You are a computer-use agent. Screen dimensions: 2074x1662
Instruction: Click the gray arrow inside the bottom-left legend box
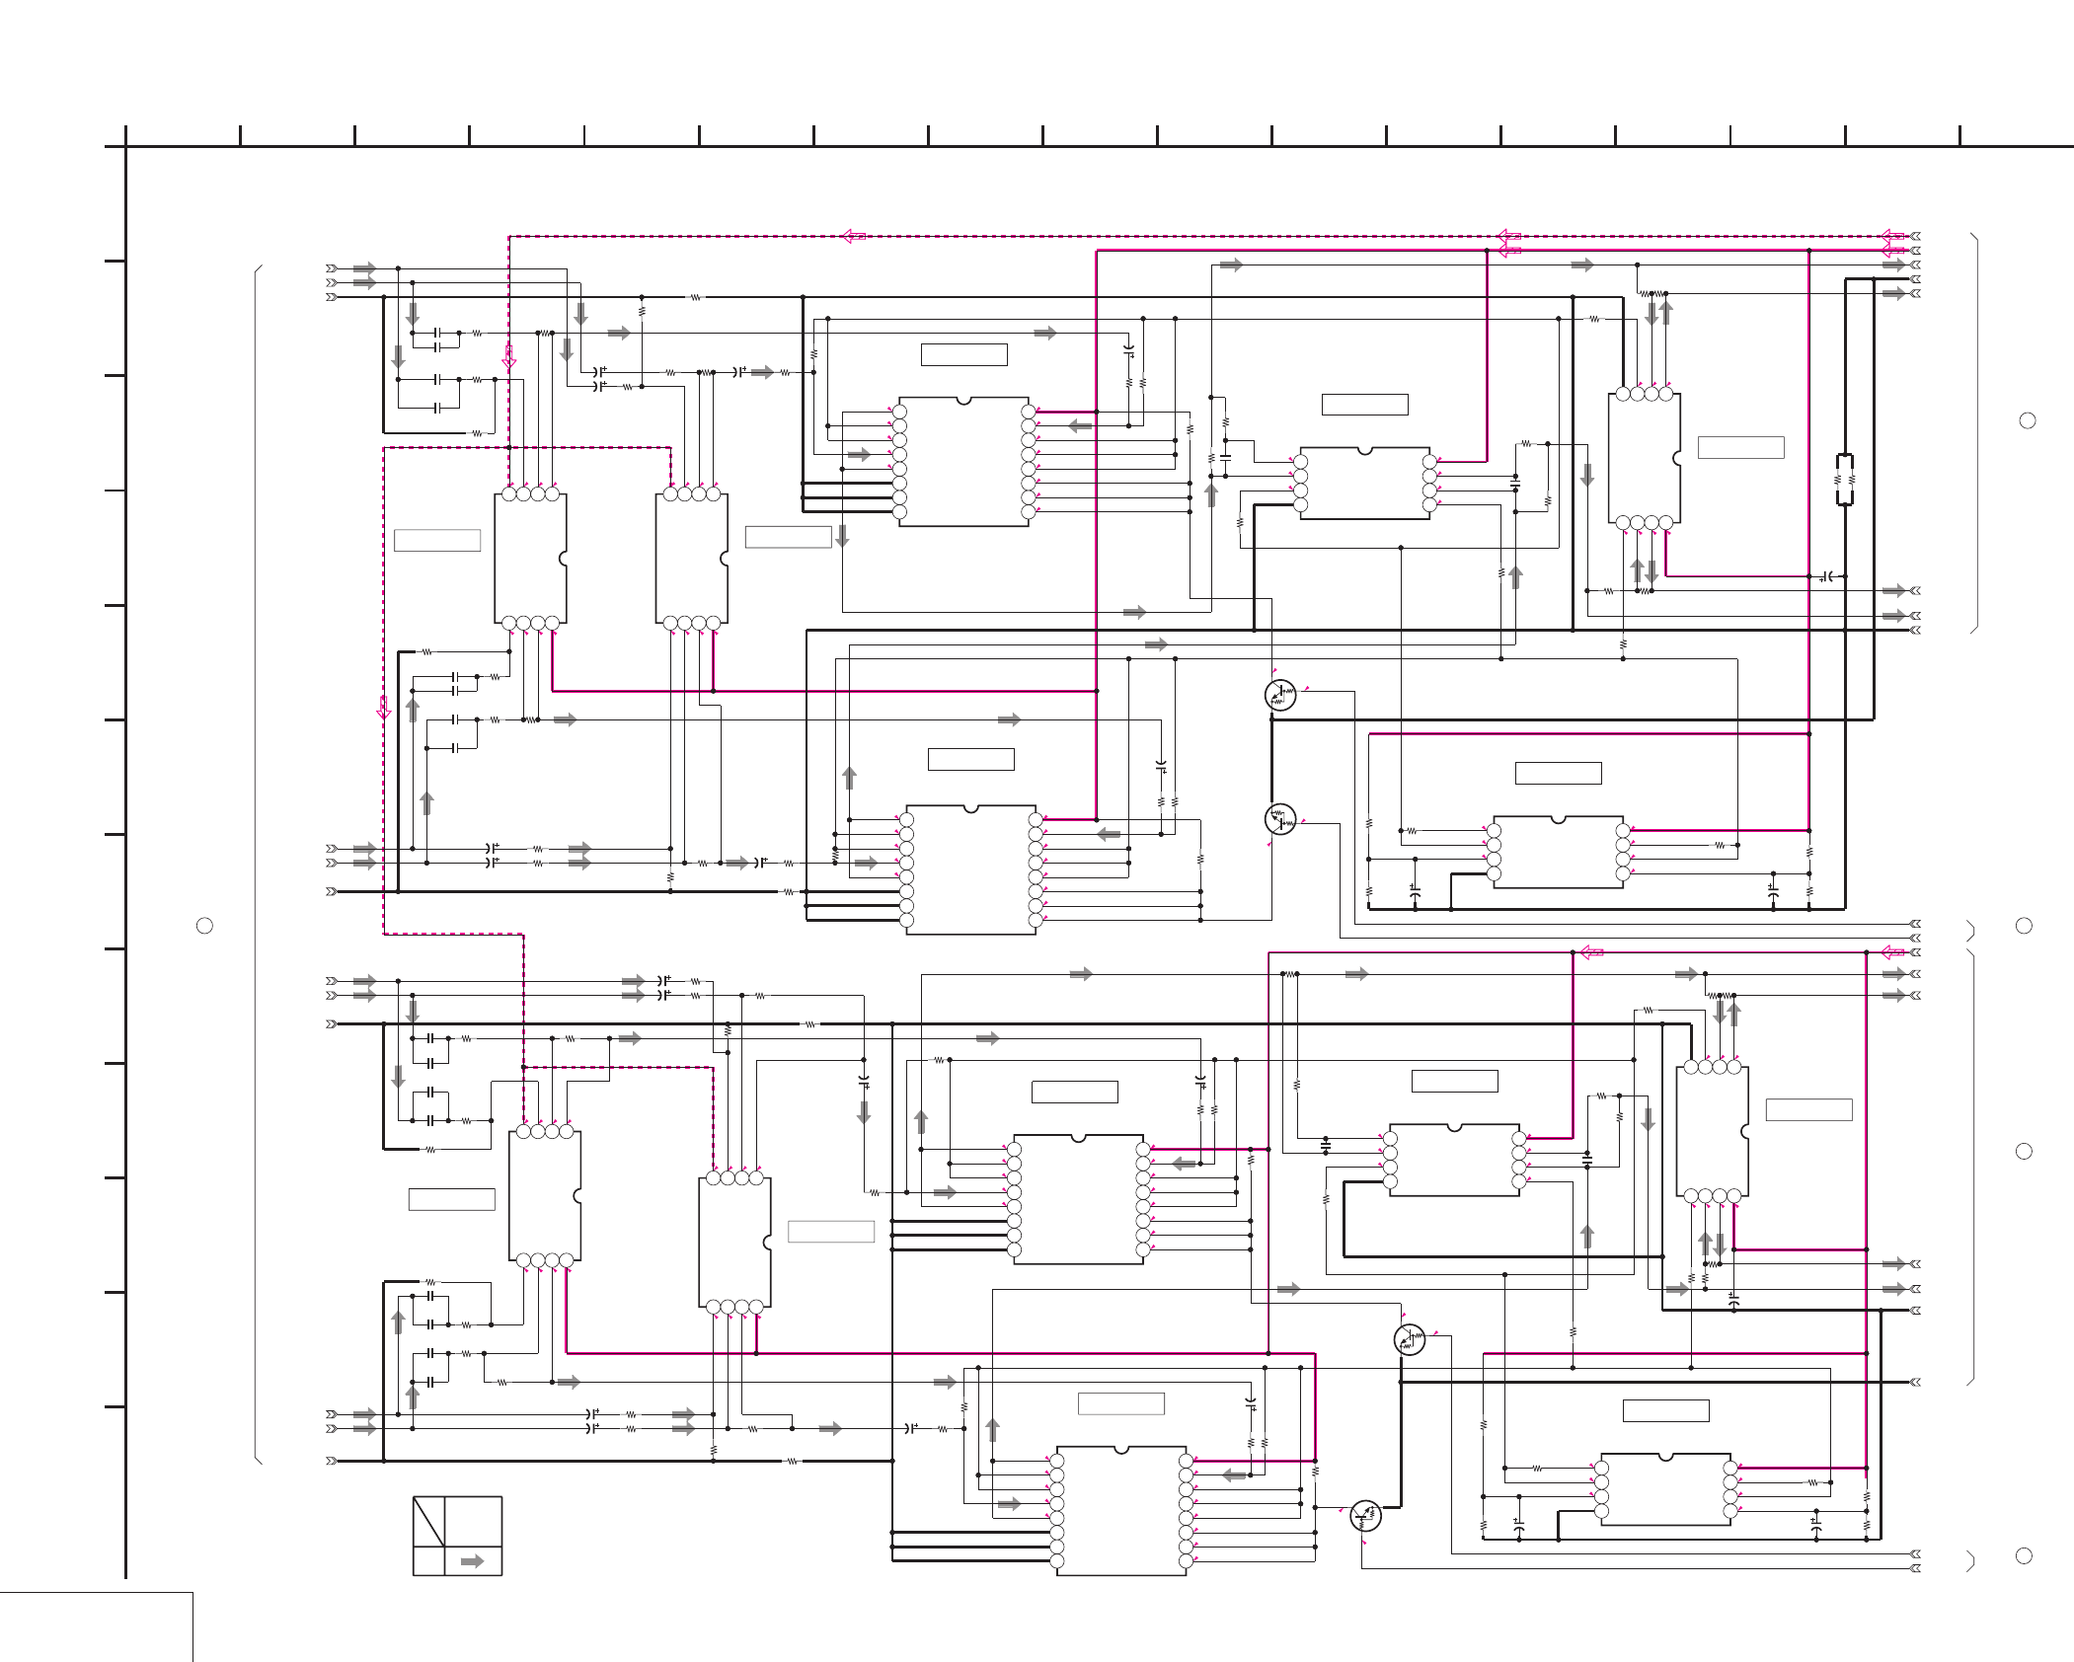(x=473, y=1561)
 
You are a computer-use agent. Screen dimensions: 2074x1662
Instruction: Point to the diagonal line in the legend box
(x=428, y=1521)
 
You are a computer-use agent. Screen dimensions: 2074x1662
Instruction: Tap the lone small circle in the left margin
(x=204, y=926)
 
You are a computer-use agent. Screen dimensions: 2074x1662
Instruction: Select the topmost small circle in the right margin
(x=2028, y=420)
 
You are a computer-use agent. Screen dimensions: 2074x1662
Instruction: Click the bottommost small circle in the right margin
(x=2024, y=1555)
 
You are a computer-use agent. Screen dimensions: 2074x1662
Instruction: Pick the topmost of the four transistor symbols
(x=1280, y=695)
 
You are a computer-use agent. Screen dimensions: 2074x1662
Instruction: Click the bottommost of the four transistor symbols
(x=1365, y=1515)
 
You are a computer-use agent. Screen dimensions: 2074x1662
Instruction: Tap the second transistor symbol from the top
(x=1280, y=819)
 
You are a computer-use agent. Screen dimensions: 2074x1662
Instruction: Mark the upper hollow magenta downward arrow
(x=508, y=357)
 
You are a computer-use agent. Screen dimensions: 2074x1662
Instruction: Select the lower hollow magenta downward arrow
(x=384, y=708)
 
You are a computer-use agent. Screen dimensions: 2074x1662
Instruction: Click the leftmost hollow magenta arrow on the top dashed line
(x=854, y=237)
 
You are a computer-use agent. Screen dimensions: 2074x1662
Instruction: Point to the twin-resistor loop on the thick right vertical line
(x=1844, y=480)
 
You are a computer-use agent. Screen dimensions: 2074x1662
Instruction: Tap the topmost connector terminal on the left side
(x=332, y=268)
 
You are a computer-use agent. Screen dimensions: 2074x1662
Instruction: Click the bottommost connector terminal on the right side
(x=1915, y=1568)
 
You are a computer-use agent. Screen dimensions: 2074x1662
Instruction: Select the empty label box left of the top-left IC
(x=437, y=540)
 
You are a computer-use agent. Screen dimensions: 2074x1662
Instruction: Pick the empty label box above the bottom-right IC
(x=1665, y=1411)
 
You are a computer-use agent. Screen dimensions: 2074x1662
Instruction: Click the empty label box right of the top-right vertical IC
(x=1740, y=447)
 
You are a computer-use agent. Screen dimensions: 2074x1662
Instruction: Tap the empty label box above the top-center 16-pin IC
(x=963, y=354)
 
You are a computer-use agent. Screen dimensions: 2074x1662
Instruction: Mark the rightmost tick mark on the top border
(x=1959, y=136)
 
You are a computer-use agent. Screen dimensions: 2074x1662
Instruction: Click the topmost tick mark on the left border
(x=115, y=262)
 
